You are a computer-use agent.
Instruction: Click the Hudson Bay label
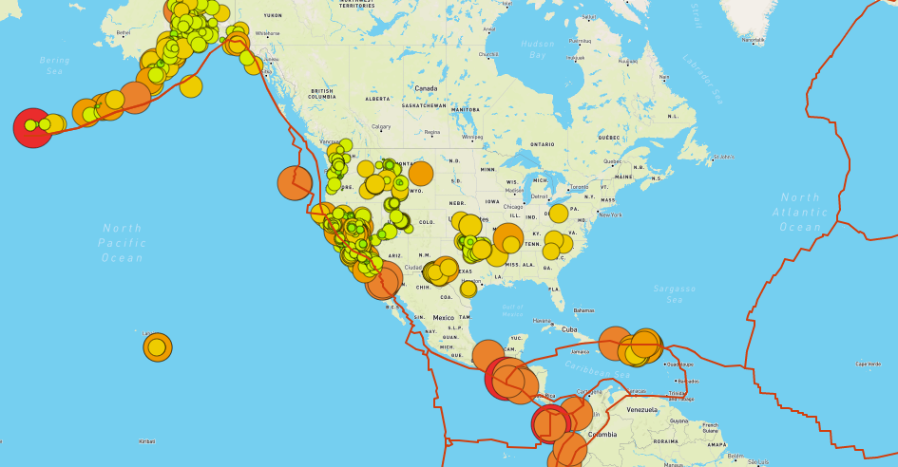[538, 49]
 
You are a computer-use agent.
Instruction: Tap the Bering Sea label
[54, 65]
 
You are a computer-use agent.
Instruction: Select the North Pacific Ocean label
[123, 242]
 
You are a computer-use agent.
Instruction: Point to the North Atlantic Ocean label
[800, 212]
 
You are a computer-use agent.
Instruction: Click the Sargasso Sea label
[674, 293]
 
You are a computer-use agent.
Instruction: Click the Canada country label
[426, 88]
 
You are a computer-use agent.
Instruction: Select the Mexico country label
[444, 318]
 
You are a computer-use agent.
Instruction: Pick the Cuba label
[569, 329]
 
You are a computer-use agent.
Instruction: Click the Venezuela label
[641, 409]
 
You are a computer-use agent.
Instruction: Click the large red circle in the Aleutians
[32, 127]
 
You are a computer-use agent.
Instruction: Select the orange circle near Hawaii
[158, 347]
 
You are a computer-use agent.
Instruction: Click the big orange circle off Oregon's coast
[295, 183]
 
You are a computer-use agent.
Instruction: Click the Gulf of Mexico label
[513, 309]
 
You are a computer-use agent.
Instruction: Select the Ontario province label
[542, 143]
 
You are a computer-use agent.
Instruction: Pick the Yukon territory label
[273, 15]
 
